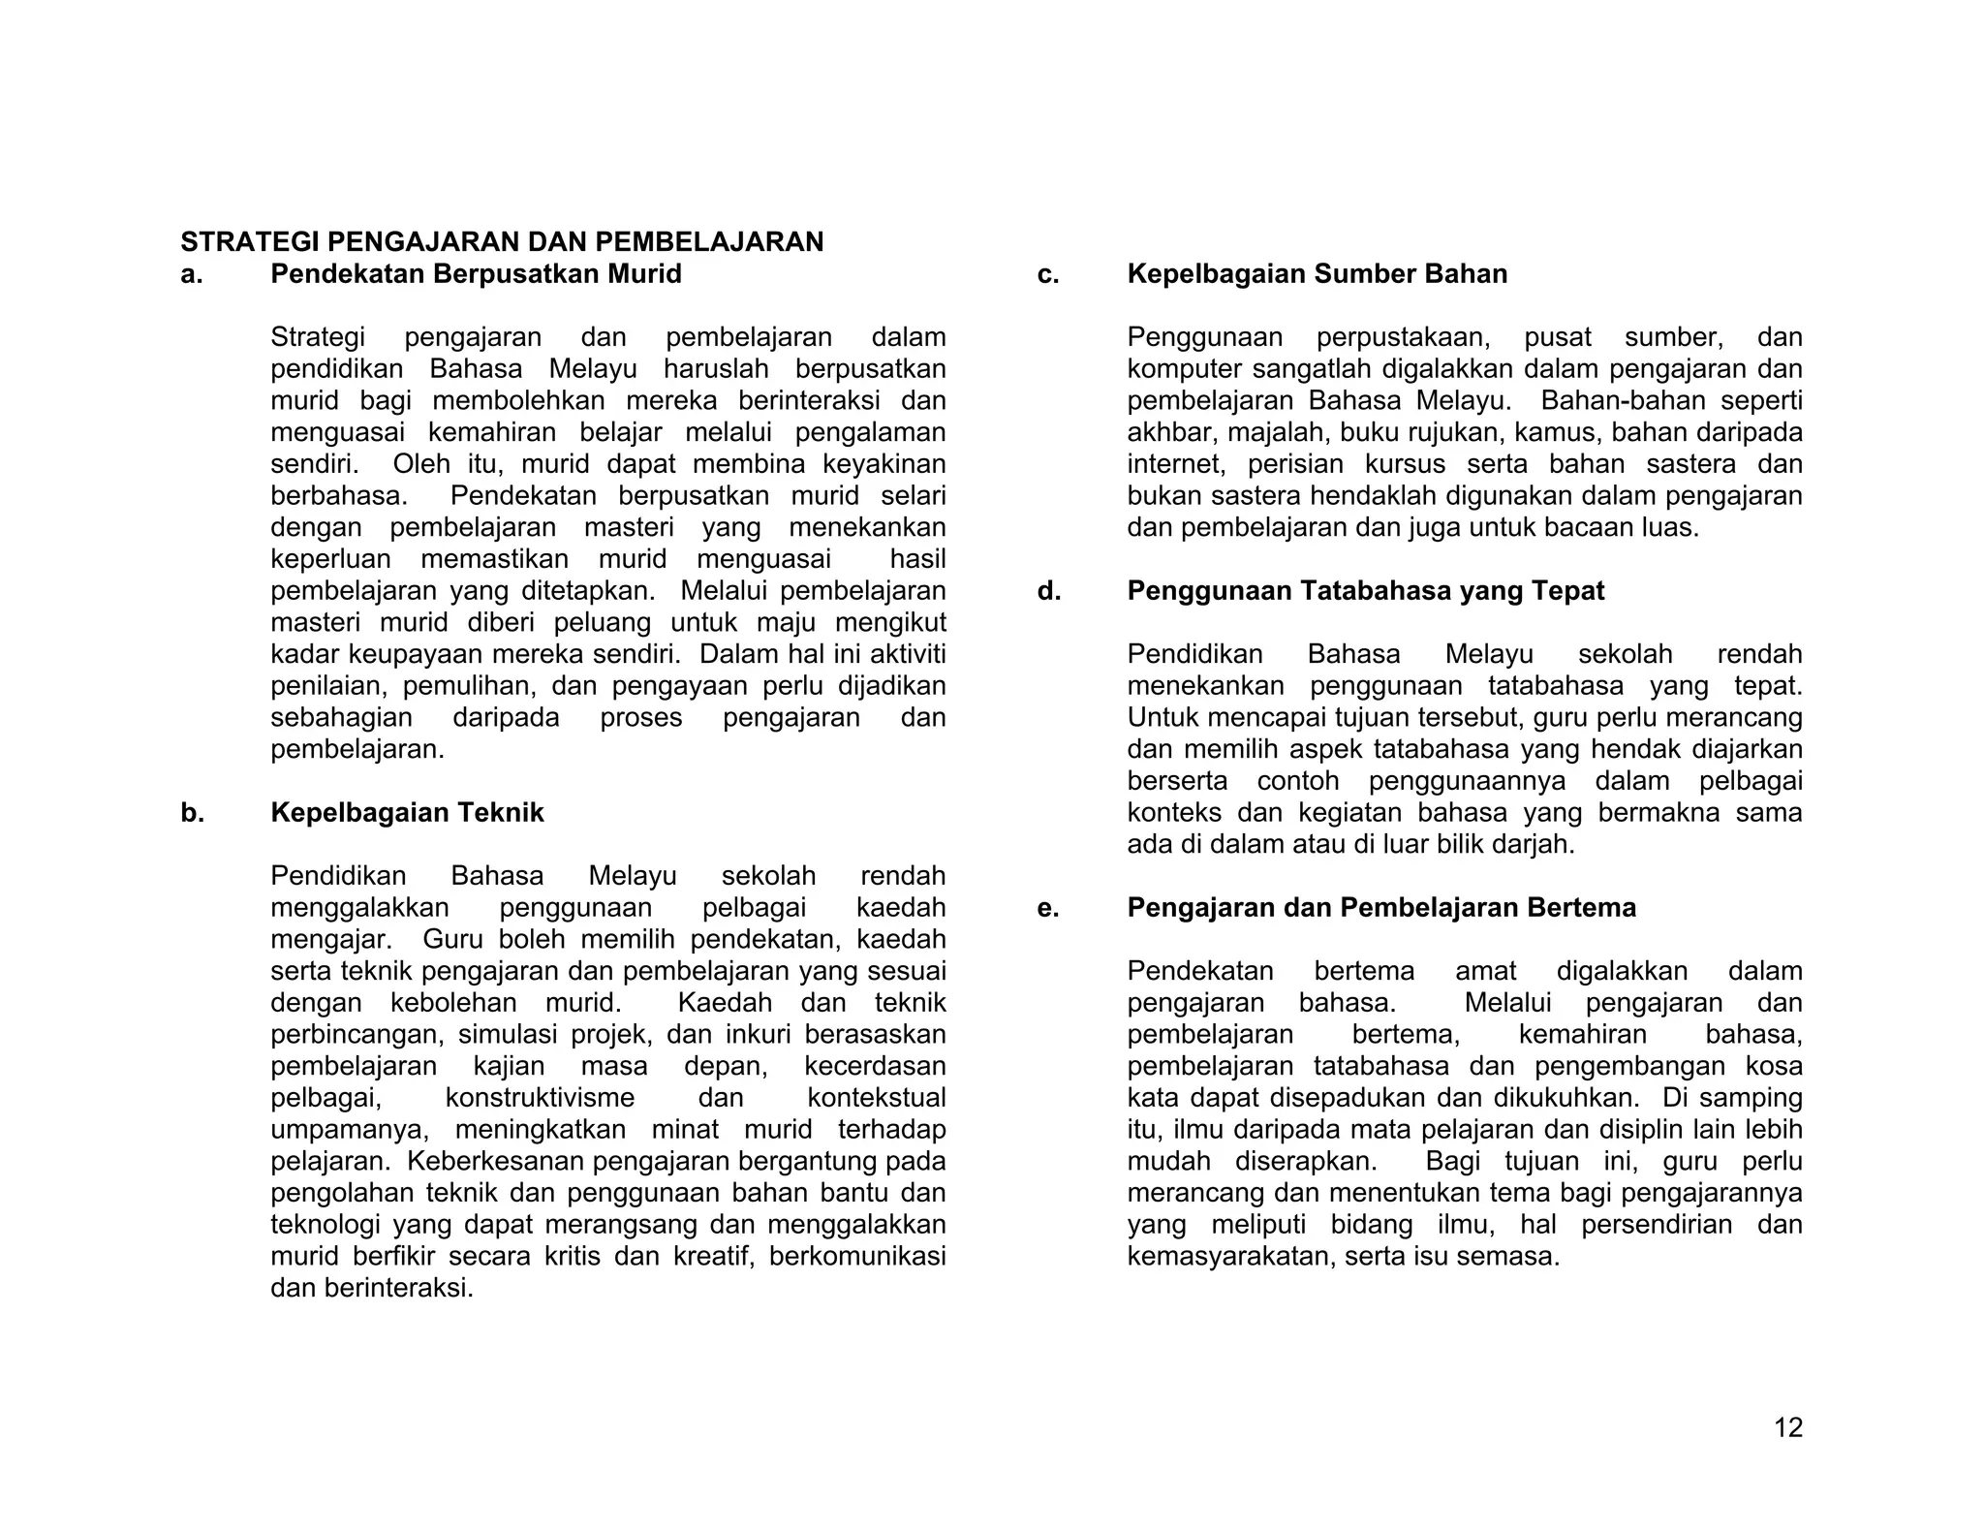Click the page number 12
(1787, 1427)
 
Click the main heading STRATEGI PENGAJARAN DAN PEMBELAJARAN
(502, 241)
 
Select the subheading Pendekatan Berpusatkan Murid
(476, 274)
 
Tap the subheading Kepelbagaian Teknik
(407, 812)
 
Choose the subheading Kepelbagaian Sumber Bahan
(1317, 274)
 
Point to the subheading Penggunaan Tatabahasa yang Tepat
(1365, 591)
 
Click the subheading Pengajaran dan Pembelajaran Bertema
(1380, 908)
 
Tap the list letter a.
(191, 274)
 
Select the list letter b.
(192, 812)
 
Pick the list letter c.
(1047, 274)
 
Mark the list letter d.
(1048, 591)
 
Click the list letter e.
(1047, 908)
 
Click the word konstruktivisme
(540, 1098)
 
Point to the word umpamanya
(349, 1130)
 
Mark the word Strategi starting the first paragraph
(318, 337)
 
